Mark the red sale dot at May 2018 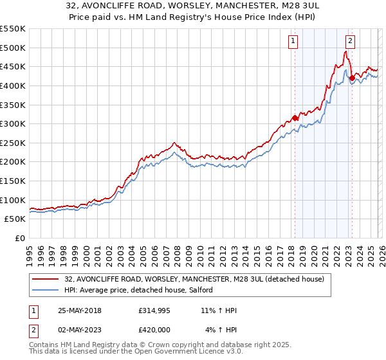pos(295,118)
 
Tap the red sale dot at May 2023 pos(351,78)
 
